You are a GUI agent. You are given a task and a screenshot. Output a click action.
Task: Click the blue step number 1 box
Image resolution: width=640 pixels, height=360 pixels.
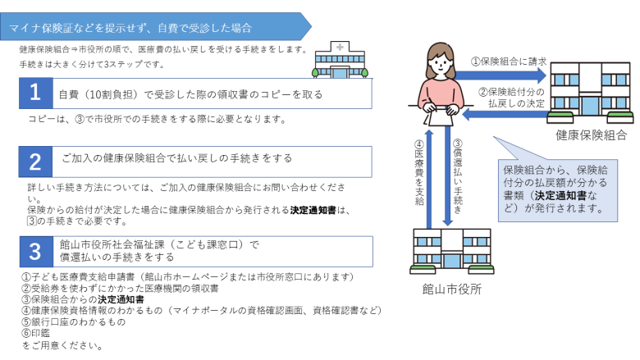point(36,93)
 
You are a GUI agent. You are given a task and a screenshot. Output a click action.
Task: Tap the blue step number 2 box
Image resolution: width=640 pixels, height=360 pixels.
point(35,162)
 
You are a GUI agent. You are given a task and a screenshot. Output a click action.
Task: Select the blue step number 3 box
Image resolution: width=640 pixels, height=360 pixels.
point(36,252)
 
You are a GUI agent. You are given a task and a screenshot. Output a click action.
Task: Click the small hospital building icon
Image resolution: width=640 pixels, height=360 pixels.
point(340,60)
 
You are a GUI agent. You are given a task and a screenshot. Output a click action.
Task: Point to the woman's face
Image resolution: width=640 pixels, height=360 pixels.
point(441,64)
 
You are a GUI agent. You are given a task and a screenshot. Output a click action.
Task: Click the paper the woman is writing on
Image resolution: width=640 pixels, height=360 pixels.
point(440,117)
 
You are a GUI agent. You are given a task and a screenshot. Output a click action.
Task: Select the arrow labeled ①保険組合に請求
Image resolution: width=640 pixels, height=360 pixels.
point(501,75)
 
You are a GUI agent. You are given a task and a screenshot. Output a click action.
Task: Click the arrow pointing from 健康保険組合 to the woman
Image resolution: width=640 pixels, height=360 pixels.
point(505,115)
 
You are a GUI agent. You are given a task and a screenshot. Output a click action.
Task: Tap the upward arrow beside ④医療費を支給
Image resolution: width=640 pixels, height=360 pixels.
point(428,179)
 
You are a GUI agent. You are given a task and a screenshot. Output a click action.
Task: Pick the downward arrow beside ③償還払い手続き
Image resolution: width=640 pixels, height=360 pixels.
point(448,175)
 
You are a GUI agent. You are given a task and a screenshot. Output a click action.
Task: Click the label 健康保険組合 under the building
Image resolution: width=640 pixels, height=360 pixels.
point(591,135)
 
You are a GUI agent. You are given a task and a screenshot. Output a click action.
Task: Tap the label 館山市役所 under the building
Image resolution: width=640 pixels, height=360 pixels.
point(452,289)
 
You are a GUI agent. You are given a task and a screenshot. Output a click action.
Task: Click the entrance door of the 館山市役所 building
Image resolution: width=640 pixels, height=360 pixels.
point(451,260)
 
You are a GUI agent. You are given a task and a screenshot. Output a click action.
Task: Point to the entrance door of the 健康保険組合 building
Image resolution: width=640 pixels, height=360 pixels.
point(589,105)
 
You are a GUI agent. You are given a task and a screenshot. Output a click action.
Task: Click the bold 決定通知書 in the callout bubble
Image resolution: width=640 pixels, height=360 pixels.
point(560,195)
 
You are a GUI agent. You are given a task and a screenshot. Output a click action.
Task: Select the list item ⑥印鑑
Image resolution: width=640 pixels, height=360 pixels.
point(36,333)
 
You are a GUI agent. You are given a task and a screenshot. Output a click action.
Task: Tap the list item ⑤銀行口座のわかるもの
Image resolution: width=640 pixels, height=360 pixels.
point(74,322)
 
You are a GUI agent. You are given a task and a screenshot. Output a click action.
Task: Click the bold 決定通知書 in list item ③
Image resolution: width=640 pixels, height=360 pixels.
point(121,299)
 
